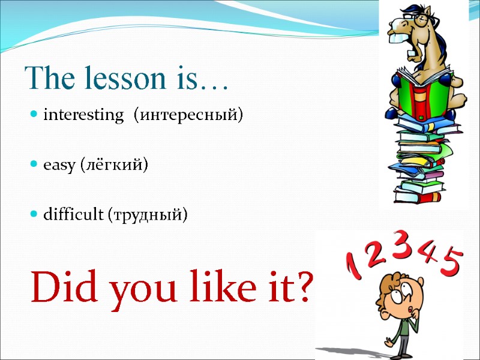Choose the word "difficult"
tap(73, 214)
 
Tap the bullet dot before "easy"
tap(35, 164)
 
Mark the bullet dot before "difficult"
tap(35, 214)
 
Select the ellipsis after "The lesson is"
tap(213, 84)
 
